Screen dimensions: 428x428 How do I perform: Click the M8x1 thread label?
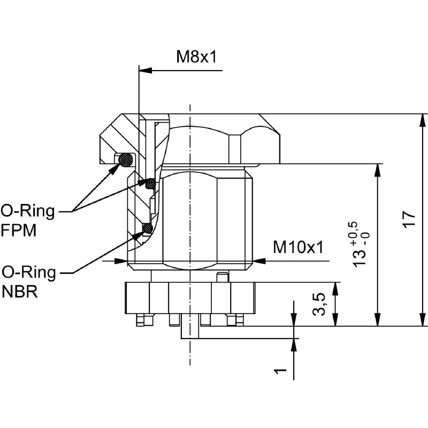[x=197, y=57]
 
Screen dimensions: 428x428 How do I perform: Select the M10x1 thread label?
[x=299, y=247]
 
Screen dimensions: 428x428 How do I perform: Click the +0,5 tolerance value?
[x=354, y=230]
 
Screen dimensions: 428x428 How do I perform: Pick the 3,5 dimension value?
[x=319, y=304]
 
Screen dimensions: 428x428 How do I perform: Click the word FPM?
[x=19, y=231]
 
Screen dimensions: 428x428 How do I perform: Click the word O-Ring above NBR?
[x=29, y=273]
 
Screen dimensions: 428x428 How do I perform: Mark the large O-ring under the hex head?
[x=126, y=159]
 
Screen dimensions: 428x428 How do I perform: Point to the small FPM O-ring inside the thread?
[x=151, y=184]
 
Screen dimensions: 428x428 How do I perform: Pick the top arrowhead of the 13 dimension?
[x=378, y=170]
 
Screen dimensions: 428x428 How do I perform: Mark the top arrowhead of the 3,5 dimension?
[x=335, y=288]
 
